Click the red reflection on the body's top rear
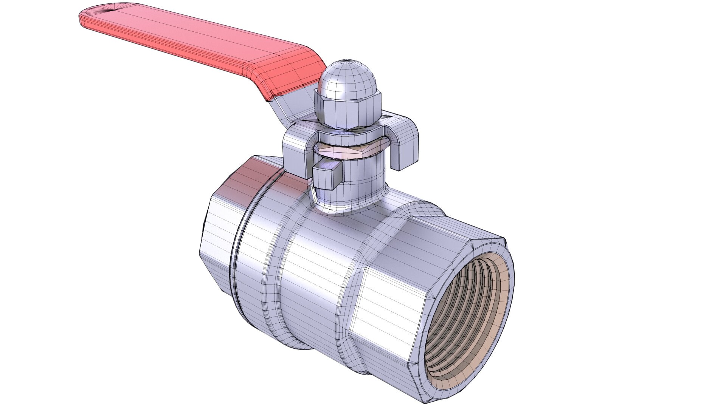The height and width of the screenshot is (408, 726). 250,170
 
